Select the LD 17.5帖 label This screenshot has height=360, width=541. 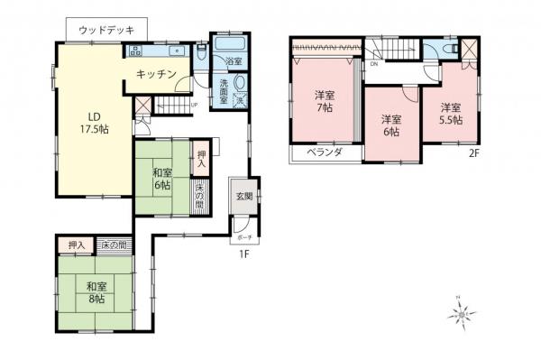click(92, 123)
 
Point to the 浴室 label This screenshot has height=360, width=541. click(233, 61)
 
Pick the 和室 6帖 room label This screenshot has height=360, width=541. click(162, 179)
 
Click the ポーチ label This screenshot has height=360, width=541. click(243, 237)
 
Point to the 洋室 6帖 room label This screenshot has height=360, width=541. click(390, 125)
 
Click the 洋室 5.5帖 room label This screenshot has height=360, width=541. click(450, 112)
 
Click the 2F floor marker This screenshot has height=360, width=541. click(473, 153)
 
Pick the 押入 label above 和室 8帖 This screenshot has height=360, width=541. click(77, 245)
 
